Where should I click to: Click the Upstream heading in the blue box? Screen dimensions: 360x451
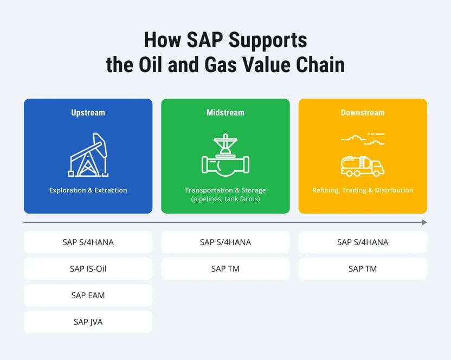(88, 113)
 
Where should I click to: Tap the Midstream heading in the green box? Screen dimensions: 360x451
(225, 113)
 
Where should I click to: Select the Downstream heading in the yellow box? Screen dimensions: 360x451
(363, 113)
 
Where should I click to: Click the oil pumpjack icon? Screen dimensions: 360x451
(88, 155)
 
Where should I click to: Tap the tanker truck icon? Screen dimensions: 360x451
(363, 165)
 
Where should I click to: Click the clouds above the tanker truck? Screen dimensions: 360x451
(363, 138)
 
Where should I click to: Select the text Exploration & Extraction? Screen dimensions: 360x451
(88, 190)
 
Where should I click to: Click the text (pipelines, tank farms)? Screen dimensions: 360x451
(225, 199)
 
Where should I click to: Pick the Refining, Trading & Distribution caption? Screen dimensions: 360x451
(363, 190)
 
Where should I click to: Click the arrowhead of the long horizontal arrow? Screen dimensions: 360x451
(424, 222)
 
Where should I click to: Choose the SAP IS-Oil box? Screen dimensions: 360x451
(88, 269)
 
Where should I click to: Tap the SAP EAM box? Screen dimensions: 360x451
(88, 295)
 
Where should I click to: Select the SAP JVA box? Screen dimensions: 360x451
(88, 322)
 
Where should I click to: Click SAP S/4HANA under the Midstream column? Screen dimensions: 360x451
(225, 242)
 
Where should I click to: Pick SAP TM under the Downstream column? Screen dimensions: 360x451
(363, 269)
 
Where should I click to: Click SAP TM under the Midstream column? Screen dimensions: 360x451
(225, 269)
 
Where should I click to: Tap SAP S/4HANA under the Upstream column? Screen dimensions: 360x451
(88, 242)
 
